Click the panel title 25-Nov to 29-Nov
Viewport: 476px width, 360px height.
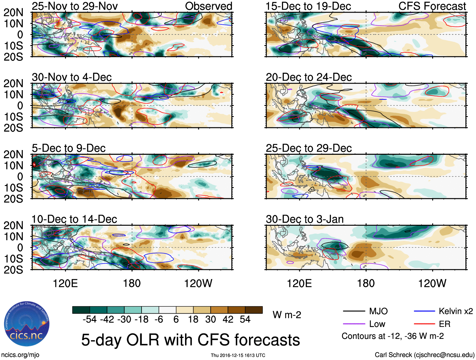click(75, 6)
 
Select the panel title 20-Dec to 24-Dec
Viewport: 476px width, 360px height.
click(309, 77)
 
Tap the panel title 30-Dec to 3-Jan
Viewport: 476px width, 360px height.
click(305, 219)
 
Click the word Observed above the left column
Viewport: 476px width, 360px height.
click(208, 6)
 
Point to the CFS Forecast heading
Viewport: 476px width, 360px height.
click(432, 6)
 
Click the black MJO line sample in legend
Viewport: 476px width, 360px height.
click(354, 311)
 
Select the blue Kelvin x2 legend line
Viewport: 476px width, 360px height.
click(424, 311)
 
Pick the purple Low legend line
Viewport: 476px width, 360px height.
click(354, 324)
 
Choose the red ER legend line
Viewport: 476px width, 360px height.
click(424, 324)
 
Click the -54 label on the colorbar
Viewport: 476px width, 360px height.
click(90, 319)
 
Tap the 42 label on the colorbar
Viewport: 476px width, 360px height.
click(228, 319)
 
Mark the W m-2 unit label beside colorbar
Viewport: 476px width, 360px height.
click(287, 315)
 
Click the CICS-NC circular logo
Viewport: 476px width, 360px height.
click(27, 324)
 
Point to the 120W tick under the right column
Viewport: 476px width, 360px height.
click(432, 283)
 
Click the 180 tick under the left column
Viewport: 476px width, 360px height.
click(132, 283)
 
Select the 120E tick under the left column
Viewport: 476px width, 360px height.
click(65, 283)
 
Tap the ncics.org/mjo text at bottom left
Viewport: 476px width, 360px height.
click(20, 355)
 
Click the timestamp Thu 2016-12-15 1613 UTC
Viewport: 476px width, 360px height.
click(238, 355)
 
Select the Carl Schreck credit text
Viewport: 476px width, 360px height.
click(424, 355)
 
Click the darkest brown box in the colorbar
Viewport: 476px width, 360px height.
click(254, 310)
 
